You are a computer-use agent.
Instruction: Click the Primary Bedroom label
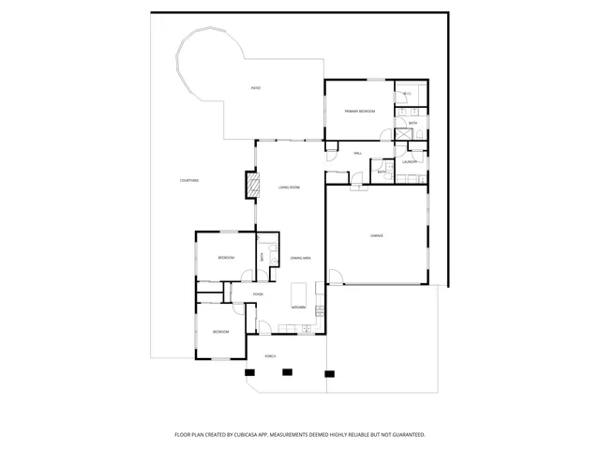tap(359, 112)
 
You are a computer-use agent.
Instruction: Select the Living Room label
tap(289, 187)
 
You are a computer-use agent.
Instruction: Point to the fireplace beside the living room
tap(250, 185)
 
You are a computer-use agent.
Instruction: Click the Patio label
tap(255, 88)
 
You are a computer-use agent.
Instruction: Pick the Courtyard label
tap(189, 180)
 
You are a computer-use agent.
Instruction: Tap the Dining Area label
tap(300, 258)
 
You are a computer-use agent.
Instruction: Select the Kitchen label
tap(298, 307)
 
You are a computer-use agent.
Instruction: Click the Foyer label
tap(257, 294)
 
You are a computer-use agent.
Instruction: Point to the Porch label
tap(270, 356)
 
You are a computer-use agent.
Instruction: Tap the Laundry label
tap(409, 162)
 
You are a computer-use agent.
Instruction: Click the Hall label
tap(357, 153)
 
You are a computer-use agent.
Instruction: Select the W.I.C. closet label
tap(408, 94)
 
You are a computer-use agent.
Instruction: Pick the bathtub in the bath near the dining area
tap(272, 256)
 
